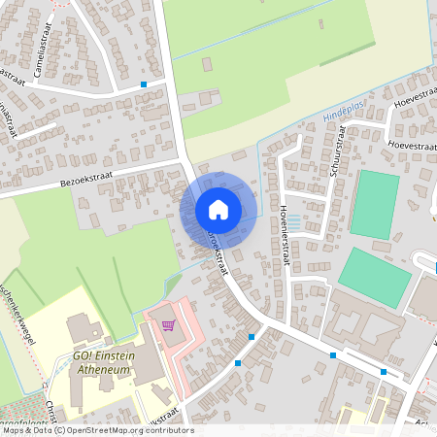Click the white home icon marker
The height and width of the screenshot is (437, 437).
pos(218,209)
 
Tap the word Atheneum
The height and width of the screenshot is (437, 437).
pos(100,370)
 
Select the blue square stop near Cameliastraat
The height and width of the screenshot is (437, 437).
pos(145,84)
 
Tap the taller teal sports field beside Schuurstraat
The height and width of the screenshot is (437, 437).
pos(375,203)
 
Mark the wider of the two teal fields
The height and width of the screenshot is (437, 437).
pos(375,277)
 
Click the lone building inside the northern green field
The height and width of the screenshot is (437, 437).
pos(207,64)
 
